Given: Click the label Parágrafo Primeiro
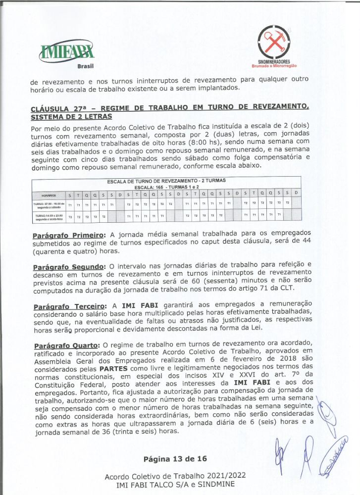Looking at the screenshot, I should pos(69,234).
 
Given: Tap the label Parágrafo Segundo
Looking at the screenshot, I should pos(69,268).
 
